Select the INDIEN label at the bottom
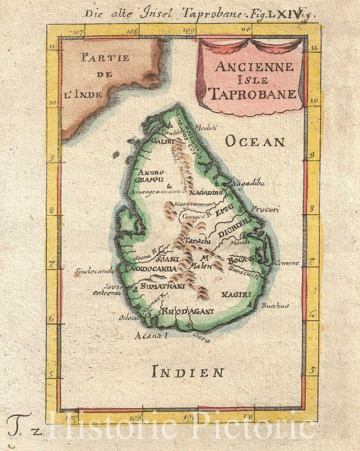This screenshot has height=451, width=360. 188,371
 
